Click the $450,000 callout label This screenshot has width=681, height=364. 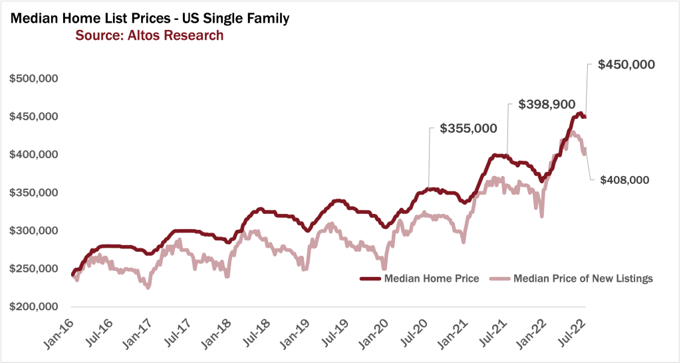coord(626,65)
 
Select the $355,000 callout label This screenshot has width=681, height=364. coord(468,130)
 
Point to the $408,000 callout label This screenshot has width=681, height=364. coord(624,180)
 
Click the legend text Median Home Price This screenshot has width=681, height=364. coord(432,278)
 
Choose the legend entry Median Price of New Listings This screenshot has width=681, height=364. coord(583,278)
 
